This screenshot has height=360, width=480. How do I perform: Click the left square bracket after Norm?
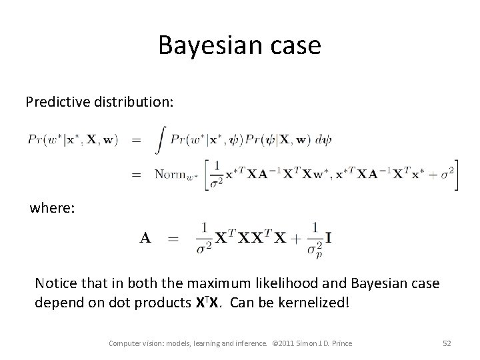(x=207, y=175)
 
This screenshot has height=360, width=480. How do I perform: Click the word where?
(x=53, y=209)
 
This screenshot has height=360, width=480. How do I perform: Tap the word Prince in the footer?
(x=339, y=343)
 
